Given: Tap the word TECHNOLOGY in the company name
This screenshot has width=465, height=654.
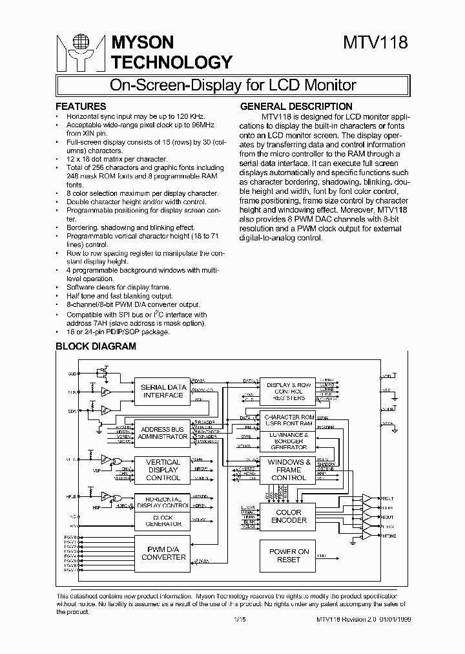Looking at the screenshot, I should coord(172,62).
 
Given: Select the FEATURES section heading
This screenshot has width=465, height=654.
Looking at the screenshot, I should coord(81,106).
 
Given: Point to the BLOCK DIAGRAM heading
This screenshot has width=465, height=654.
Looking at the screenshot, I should coord(96,346).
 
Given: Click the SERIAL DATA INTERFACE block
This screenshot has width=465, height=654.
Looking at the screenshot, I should coord(163,392).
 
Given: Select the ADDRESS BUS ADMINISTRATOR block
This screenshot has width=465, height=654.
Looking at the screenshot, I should coord(163,433).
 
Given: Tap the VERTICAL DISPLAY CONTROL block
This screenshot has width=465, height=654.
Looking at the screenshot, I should coord(163,470).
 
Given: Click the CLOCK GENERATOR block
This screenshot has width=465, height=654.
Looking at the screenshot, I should coord(163,520).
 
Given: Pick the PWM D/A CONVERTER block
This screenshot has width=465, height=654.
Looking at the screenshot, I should coord(163,553).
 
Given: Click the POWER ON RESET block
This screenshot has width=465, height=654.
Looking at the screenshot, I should coord(289,555).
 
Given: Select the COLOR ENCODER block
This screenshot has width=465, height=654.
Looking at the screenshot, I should coord(289,516).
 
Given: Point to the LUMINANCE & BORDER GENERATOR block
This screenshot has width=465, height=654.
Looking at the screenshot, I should coord(289,441).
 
